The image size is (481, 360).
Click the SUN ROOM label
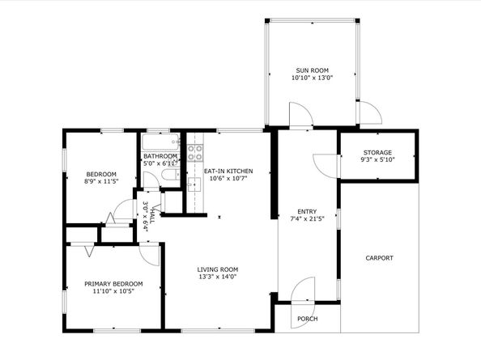312,70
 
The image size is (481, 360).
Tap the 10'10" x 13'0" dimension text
312,78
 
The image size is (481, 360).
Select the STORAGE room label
377,152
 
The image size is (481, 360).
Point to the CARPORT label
379,258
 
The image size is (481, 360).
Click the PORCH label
308,319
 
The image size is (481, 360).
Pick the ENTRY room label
307,211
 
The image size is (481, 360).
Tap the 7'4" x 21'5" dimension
307,218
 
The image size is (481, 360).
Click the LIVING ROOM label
218,269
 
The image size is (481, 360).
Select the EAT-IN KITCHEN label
228,171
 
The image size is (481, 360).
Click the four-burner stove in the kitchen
195,153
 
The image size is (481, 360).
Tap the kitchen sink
194,184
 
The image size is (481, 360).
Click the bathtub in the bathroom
160,142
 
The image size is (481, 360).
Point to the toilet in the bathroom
170,175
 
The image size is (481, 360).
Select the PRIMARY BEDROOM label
113,284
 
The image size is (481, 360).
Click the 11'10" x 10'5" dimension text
113,291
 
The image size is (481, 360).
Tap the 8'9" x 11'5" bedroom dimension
101,181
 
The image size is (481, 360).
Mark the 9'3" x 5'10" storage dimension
377,159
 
